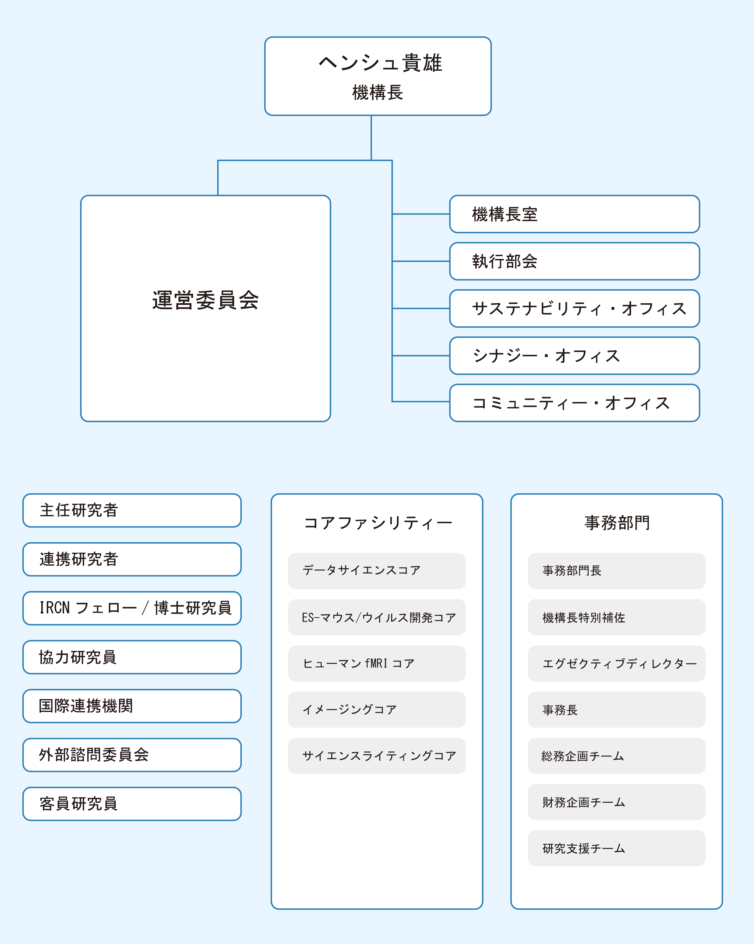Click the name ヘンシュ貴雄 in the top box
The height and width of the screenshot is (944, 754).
tap(380, 63)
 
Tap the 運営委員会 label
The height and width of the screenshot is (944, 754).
tap(205, 300)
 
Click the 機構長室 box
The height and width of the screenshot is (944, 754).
tap(574, 214)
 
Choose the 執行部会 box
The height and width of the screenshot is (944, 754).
tap(574, 261)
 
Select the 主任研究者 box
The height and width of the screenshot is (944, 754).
tap(132, 511)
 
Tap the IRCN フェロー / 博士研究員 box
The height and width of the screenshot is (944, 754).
tap(132, 608)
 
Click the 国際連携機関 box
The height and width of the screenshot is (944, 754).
tap(132, 706)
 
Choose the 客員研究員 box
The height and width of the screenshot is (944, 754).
tap(132, 804)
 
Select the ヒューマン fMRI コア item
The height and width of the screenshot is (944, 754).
tap(377, 663)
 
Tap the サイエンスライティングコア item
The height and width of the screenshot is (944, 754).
tap(377, 756)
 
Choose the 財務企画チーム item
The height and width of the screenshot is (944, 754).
tap(616, 802)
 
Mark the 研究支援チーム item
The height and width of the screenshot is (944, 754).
tap(616, 848)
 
